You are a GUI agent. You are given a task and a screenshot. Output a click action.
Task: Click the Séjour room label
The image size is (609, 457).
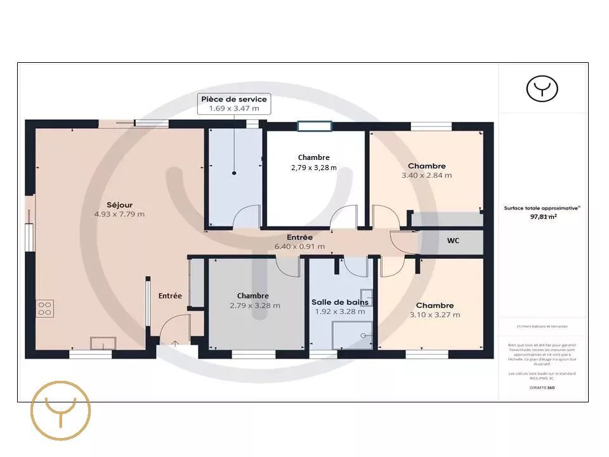click(119, 204)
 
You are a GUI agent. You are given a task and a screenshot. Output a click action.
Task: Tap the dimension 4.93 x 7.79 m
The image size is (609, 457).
click(119, 214)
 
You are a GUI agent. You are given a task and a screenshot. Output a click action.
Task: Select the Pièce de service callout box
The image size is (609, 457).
click(234, 103)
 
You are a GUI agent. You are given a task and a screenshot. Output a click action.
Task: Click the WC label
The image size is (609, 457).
click(453, 241)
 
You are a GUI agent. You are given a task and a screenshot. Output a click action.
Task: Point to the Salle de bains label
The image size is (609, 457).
click(340, 302)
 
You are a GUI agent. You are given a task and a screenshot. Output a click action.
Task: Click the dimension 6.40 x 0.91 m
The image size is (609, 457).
click(299, 246)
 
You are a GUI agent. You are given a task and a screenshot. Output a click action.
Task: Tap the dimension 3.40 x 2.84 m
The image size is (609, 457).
click(426, 175)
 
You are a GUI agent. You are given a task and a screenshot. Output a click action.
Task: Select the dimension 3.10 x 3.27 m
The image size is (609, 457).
click(435, 314)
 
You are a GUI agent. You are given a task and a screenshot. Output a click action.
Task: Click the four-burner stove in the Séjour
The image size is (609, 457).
click(45, 308)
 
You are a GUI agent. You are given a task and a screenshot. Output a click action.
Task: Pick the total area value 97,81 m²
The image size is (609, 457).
click(543, 216)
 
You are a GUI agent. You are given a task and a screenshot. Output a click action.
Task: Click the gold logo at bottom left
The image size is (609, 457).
click(62, 411)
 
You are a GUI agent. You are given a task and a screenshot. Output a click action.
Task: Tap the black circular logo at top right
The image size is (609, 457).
click(542, 89)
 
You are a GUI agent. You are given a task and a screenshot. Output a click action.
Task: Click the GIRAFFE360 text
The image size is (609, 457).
click(543, 387)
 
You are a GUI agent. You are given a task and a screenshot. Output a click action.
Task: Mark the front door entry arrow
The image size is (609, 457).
click(175, 343)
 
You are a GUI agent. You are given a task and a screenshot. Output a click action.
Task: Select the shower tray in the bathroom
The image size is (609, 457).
click(353, 335)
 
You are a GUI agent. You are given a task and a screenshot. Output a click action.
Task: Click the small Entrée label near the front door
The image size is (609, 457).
click(170, 296)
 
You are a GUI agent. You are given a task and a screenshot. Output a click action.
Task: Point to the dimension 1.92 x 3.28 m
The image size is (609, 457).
click(340, 312)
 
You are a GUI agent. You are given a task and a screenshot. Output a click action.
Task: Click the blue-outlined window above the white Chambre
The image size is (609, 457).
click(315, 126)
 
